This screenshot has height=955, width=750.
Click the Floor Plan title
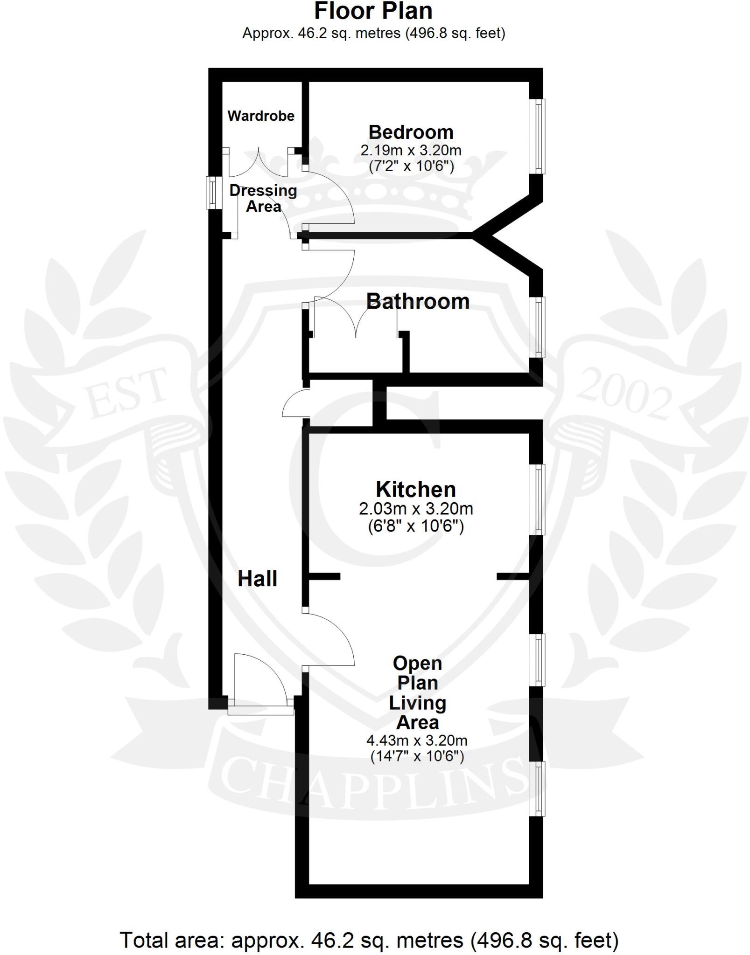pos(373,11)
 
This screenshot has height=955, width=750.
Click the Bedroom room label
pos(411,132)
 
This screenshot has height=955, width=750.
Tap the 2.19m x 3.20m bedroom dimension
pos(411,151)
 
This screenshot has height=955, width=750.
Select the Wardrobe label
pos(261,116)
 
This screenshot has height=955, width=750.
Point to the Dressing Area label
pos(263,198)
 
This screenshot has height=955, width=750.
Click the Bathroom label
pos(418,301)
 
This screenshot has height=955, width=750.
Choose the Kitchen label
pos(416,490)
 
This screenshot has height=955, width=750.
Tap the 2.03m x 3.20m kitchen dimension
pos(416,508)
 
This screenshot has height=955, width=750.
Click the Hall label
pos(257,579)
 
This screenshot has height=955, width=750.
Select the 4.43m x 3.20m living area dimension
pos(417,740)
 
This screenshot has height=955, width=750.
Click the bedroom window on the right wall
pos(537,136)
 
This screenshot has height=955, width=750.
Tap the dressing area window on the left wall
pos(214,192)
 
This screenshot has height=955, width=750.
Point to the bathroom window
pos(537,327)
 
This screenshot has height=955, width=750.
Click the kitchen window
pos(537,499)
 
